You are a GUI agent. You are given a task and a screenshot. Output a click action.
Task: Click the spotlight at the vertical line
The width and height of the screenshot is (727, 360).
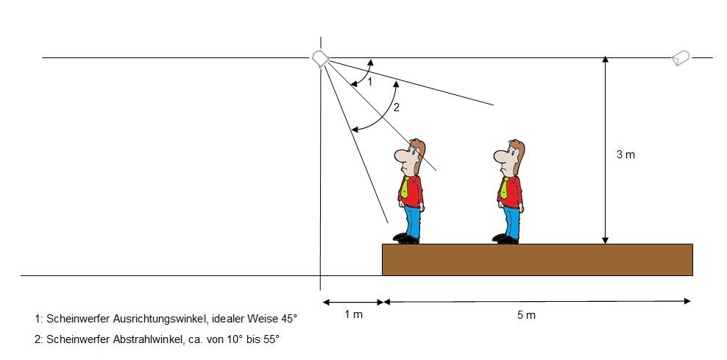coord(320,59)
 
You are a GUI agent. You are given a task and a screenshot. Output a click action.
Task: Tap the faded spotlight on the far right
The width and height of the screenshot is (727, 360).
coord(681,58)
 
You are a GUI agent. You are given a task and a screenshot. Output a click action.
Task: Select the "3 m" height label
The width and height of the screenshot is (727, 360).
coord(625,155)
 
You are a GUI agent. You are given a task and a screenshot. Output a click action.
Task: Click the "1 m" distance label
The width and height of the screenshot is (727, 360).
coord(354,314)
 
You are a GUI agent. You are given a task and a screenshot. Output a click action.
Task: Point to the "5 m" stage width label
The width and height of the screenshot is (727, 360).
coord(526,315)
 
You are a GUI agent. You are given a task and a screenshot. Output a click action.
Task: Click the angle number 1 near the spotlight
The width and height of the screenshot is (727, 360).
coord(370,82)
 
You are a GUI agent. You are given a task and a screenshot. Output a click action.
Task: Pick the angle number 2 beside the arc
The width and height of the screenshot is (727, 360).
coord(396,107)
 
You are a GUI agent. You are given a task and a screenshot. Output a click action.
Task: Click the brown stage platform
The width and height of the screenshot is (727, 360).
coord(537,259)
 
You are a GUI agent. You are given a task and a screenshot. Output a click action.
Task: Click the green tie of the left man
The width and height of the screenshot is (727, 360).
coord(405,188)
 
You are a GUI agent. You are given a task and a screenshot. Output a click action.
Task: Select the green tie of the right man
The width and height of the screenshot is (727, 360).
coord(504,188)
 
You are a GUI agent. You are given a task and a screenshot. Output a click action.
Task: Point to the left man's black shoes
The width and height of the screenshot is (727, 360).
coord(406,239)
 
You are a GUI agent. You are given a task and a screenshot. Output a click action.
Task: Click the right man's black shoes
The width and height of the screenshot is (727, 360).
coord(506,239)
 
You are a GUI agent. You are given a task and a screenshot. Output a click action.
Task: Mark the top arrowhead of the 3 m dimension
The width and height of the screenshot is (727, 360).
coord(605,60)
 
